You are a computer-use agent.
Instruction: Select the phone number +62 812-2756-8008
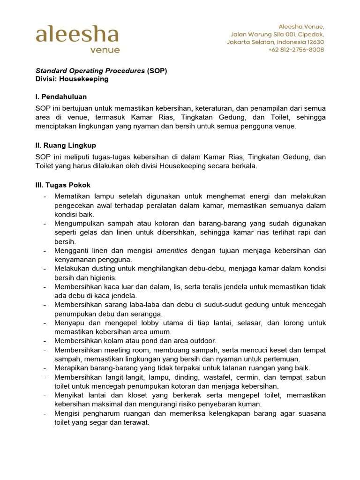pyautogui.click(x=296, y=50)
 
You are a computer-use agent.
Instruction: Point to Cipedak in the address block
pyautogui.click(x=309, y=34)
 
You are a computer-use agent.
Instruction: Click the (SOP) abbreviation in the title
pyautogui.click(x=157, y=71)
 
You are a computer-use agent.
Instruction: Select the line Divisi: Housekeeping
pyautogui.click(x=72, y=79)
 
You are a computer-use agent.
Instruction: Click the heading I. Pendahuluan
pyautogui.click(x=61, y=97)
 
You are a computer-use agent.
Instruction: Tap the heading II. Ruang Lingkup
pyautogui.click(x=66, y=145)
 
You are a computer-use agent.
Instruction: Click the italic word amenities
pyautogui.click(x=172, y=250)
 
